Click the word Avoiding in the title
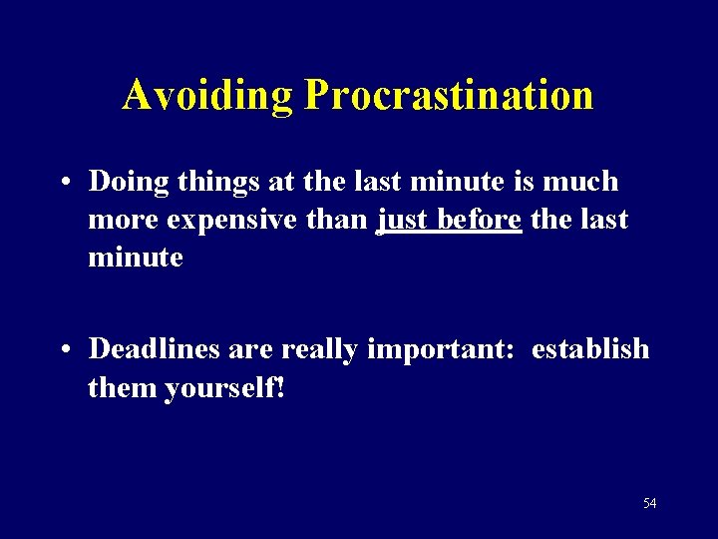tap(208, 95)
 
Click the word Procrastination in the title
tap(449, 95)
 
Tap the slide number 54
tap(649, 504)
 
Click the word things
tap(209, 183)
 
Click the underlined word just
tap(402, 220)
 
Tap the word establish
tap(589, 349)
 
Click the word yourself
tap(224, 387)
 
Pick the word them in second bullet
tap(121, 387)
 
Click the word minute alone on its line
tap(136, 258)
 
